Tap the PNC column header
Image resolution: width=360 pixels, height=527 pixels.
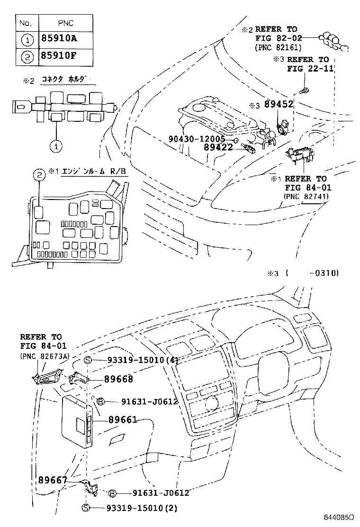click(x=65, y=22)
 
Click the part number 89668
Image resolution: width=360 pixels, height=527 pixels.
click(x=119, y=379)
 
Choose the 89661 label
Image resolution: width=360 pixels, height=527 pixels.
click(x=123, y=419)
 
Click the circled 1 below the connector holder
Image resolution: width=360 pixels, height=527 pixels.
click(x=56, y=146)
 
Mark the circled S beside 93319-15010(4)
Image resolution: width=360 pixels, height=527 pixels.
click(x=88, y=360)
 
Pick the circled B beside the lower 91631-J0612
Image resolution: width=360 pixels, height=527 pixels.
click(x=112, y=492)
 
